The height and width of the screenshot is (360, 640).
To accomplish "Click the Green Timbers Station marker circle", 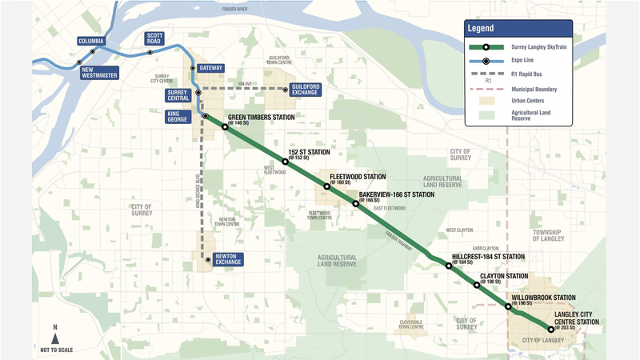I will tap(225, 127).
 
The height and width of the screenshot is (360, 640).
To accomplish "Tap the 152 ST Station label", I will tap(308, 152).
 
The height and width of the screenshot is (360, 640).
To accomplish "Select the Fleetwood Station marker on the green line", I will tap(327, 186).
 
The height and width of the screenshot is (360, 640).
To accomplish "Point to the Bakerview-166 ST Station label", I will tap(396, 194).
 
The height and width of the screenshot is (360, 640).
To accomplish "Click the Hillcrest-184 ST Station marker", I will tap(449, 266).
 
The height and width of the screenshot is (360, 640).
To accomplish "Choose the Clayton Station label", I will tap(503, 276).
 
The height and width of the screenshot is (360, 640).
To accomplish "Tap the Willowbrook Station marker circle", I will tap(508, 306).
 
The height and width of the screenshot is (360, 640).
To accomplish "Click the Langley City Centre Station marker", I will tap(550, 329).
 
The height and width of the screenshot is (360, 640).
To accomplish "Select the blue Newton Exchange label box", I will tap(228, 259).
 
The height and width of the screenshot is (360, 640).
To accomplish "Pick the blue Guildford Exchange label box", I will tap(306, 89).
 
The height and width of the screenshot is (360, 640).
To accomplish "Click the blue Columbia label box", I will tap(91, 41).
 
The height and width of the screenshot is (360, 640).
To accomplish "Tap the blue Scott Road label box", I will tap(154, 38).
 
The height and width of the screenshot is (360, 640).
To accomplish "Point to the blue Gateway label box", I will tap(211, 68).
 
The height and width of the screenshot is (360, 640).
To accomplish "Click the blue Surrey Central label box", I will tap(178, 96).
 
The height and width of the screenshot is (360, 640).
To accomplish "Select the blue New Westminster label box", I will tap(99, 72).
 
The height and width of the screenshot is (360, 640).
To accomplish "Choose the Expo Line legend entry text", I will tap(522, 60).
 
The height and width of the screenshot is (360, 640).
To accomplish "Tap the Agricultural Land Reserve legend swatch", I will tap(486, 114).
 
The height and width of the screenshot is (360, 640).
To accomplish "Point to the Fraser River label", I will tap(240, 10).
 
